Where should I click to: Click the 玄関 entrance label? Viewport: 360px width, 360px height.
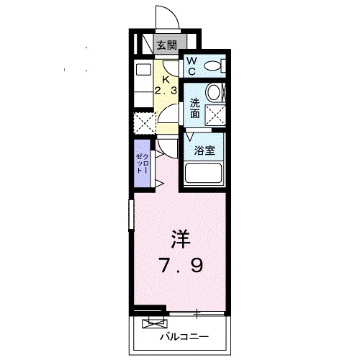[x=167, y=45]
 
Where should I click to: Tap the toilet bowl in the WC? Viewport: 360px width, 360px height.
[x=213, y=67]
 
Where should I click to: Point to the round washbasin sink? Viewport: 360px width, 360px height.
[x=213, y=93]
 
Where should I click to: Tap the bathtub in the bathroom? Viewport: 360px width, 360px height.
[x=204, y=174]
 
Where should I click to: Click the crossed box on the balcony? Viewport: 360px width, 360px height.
[x=152, y=322]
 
